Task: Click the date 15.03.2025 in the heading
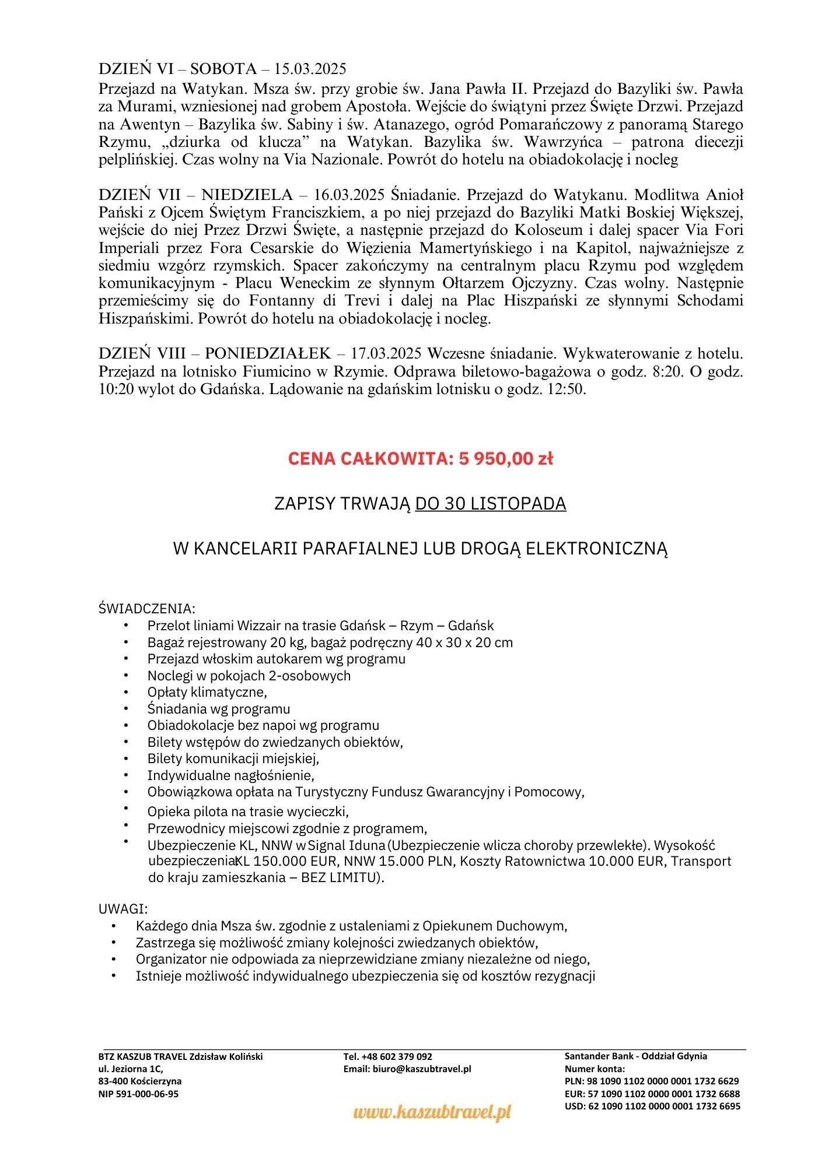(310, 69)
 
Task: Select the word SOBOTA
(223, 69)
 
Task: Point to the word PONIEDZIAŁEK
(268, 354)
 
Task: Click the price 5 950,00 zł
(506, 459)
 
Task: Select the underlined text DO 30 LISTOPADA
(491, 504)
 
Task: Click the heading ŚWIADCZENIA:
(147, 609)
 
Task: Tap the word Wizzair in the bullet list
(259, 626)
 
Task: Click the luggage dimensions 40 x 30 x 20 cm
(456, 642)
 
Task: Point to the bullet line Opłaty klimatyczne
(207, 692)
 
